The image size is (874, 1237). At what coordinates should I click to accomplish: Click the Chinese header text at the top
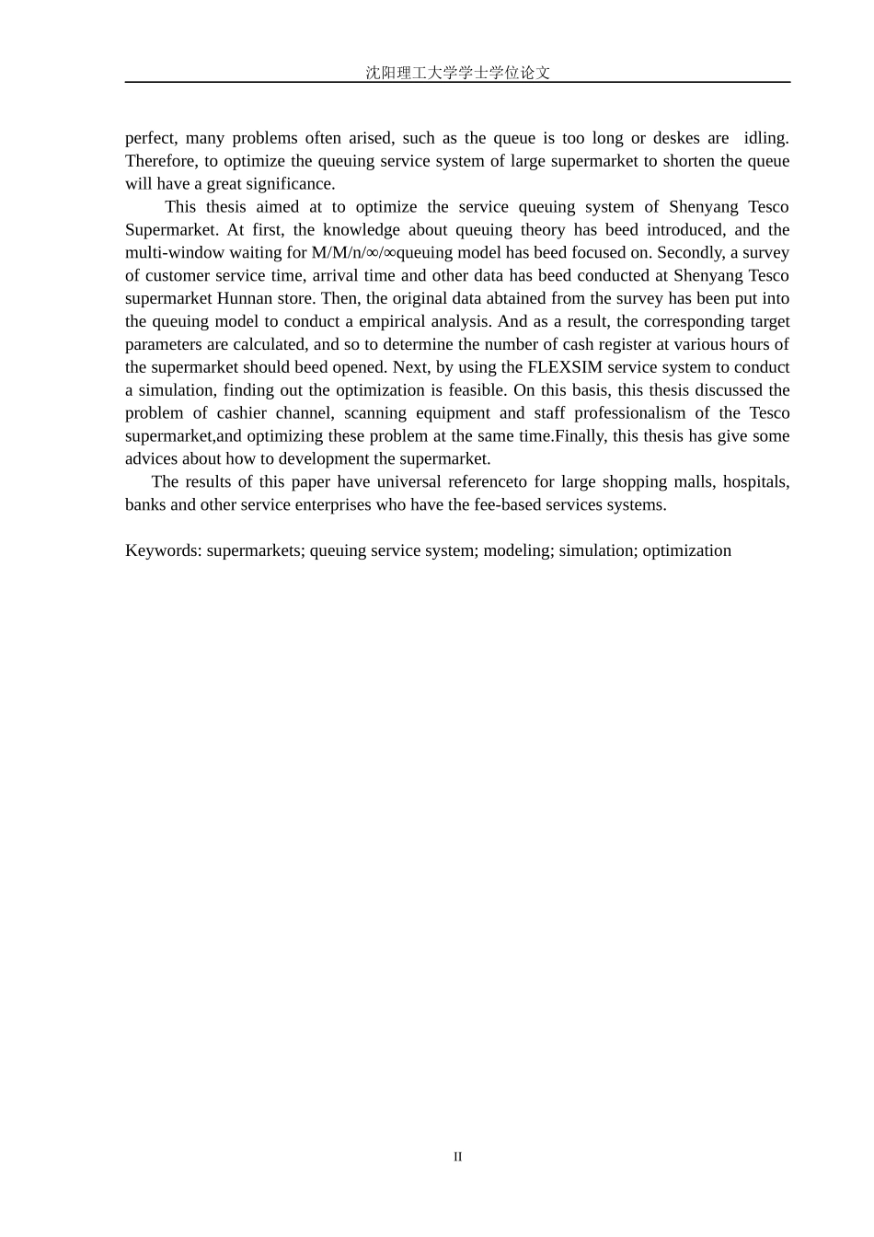point(457,73)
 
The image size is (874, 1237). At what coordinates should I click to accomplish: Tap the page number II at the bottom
point(457,1157)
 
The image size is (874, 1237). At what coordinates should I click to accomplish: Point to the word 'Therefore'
point(158,161)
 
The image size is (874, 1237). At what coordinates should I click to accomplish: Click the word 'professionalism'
point(628,413)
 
